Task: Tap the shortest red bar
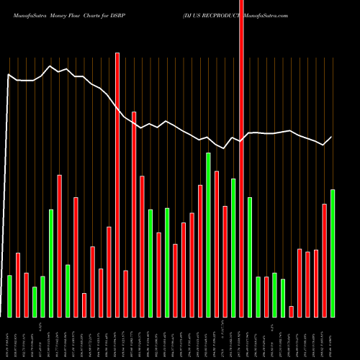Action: [x=291, y=311]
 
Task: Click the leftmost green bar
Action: [x=9, y=296]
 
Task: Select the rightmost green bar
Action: [x=333, y=253]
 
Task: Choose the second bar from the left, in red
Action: [x=18, y=284]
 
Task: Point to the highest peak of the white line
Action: [x=50, y=66]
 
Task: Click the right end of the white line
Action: [x=332, y=137]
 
